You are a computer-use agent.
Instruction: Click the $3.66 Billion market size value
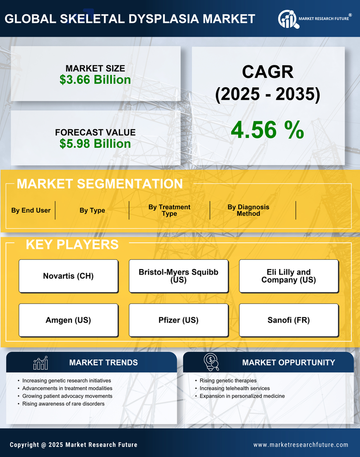[95, 80]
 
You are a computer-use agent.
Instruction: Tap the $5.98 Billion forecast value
[95, 144]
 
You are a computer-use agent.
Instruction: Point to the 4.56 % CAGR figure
[267, 130]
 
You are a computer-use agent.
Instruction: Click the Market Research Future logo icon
[287, 19]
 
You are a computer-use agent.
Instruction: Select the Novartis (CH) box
[68, 276]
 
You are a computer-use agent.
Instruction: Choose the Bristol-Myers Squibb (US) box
[178, 276]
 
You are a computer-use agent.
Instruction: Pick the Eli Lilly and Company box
[289, 276]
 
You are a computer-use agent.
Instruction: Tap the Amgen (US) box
[68, 320]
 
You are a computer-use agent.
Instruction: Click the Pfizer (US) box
[178, 320]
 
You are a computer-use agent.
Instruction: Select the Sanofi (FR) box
[289, 320]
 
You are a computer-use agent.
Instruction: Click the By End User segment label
[31, 210]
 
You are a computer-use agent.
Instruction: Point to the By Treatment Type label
[169, 210]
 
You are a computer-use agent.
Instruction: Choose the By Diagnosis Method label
[248, 210]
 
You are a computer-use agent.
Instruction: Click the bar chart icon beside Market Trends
[41, 363]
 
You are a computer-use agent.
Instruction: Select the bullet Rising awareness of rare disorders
[63, 404]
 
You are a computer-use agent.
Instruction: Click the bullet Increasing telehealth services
[235, 388]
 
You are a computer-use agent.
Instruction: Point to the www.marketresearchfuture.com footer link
[301, 445]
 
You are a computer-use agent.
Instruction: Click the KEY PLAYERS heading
[72, 244]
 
